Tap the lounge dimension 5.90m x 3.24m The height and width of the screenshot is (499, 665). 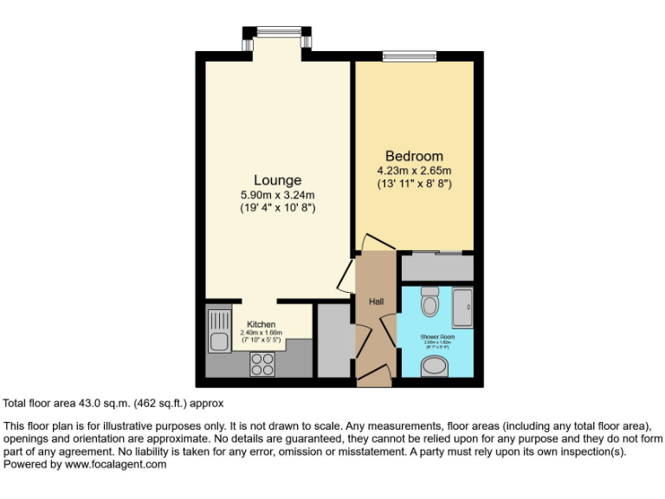point(277,195)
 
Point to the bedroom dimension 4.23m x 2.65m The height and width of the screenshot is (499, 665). point(415,170)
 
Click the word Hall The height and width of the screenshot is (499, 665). point(377,301)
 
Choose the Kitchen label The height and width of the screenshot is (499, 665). point(261,324)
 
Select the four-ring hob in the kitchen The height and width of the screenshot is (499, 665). point(261,364)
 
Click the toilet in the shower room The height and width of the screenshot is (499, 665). point(430,303)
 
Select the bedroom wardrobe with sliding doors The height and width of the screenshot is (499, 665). point(436,267)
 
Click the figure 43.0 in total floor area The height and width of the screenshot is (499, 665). point(91,403)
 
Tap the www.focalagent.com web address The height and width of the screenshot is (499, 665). point(115,464)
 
